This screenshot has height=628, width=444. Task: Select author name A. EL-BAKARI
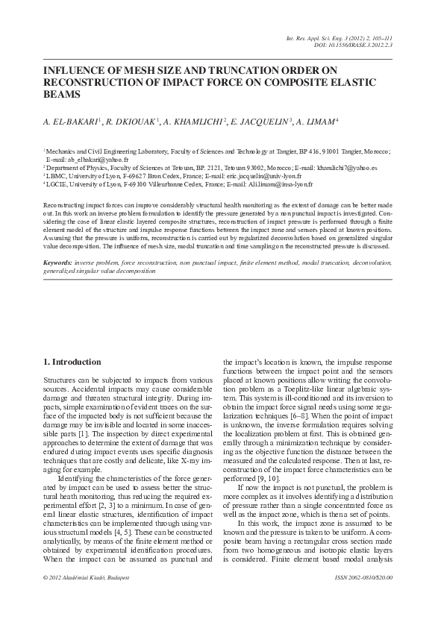[x=71, y=122]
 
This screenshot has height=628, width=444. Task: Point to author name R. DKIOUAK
[x=130, y=122]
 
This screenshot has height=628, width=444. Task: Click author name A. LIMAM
[x=317, y=122]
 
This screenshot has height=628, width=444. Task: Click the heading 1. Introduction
[x=72, y=362]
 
